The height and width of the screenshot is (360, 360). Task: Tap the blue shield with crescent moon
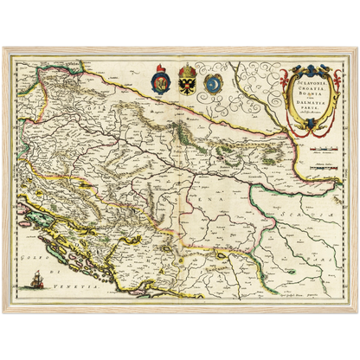point(213,84)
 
